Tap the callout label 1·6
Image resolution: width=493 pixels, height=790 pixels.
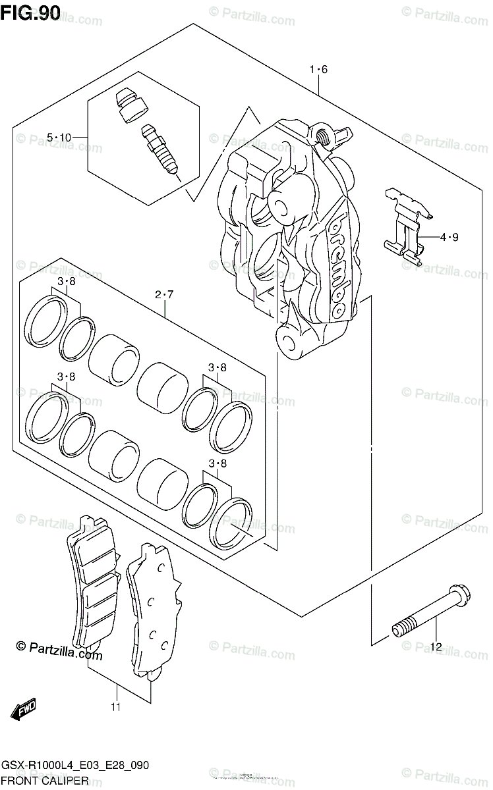point(318,70)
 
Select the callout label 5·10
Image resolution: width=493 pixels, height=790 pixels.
point(59,137)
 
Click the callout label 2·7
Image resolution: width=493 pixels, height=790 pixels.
point(164,294)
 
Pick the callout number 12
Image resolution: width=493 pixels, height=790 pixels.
point(434,646)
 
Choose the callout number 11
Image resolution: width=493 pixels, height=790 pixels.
point(116,708)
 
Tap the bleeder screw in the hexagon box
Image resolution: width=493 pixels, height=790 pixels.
point(159,153)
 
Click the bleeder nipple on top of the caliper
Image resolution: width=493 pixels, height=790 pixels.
point(323,136)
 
